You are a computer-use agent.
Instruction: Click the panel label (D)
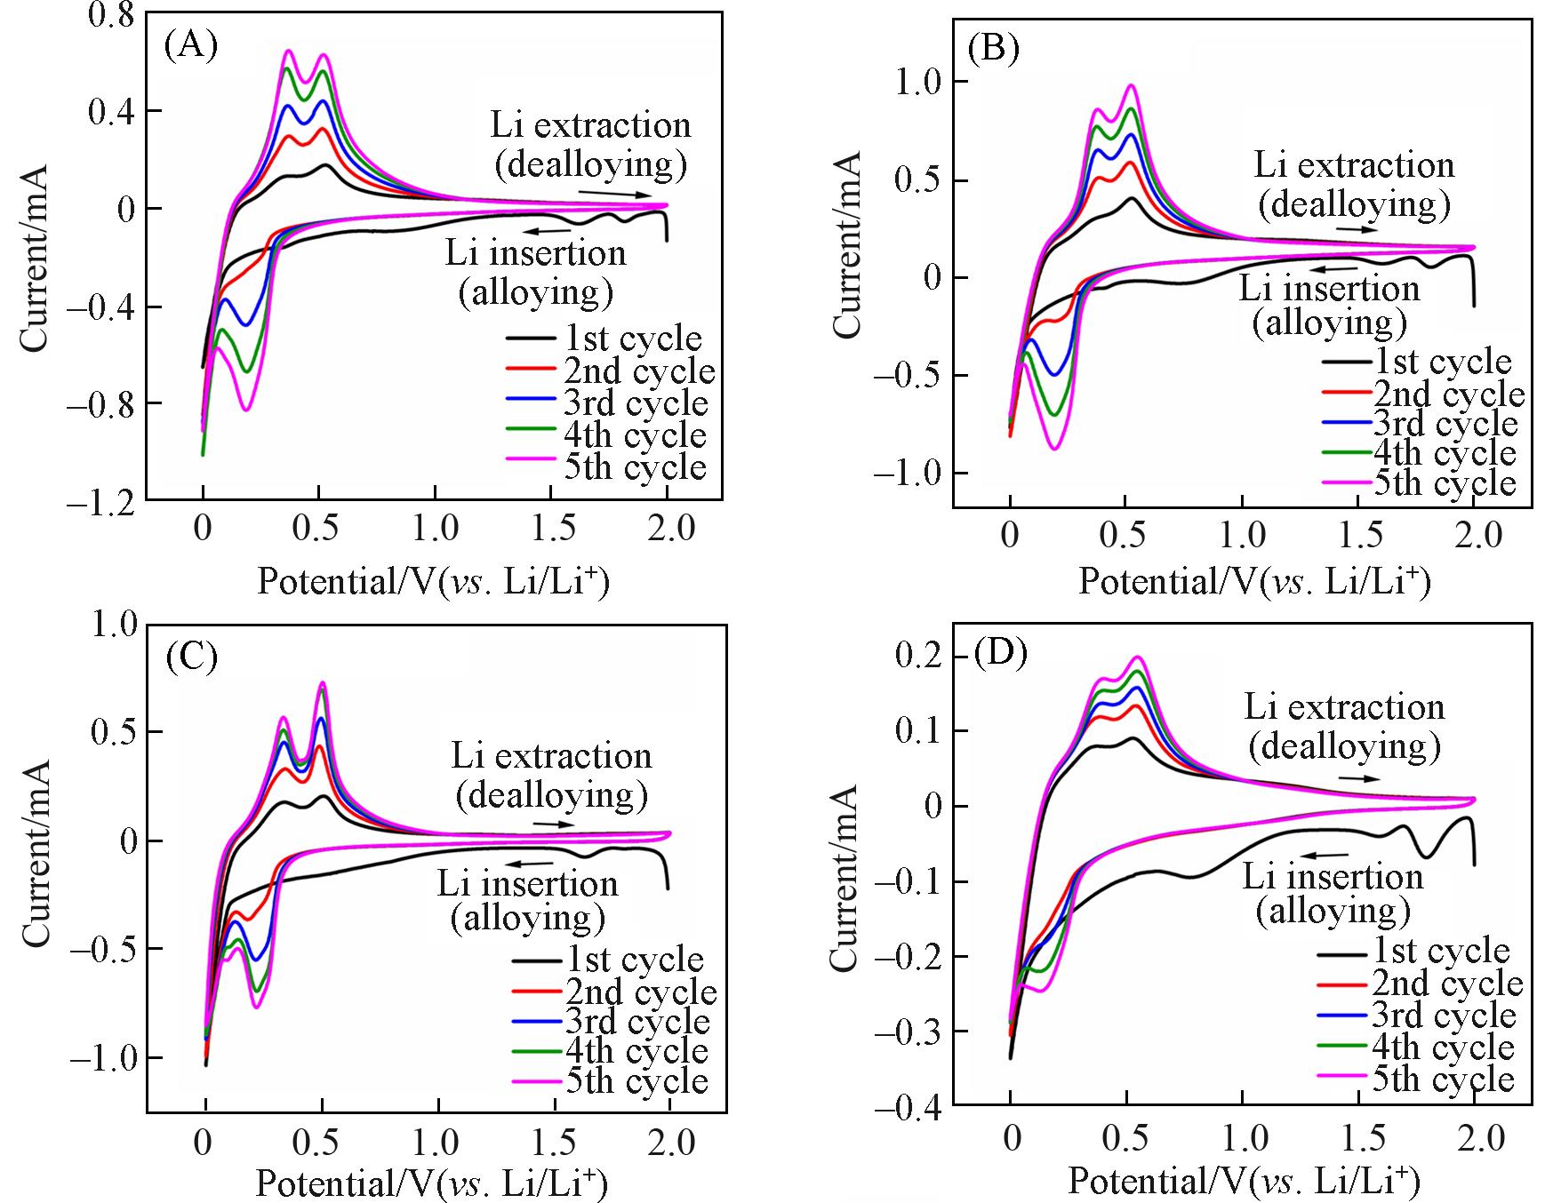1001,653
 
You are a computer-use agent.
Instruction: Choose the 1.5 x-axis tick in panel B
1361,535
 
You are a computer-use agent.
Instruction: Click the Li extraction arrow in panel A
608,193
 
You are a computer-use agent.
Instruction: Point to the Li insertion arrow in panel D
1330,855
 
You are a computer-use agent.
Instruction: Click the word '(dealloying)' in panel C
551,794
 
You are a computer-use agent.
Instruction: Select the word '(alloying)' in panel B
1330,322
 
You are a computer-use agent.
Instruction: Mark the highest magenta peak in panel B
1132,85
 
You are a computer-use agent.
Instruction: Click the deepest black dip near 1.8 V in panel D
1425,856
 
